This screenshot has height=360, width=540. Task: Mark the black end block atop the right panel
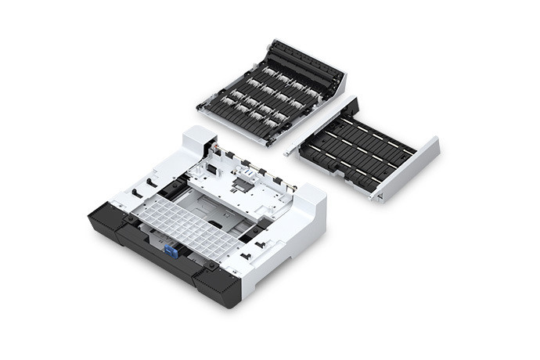(348, 106)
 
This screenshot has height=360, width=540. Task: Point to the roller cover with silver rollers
(270, 94)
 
